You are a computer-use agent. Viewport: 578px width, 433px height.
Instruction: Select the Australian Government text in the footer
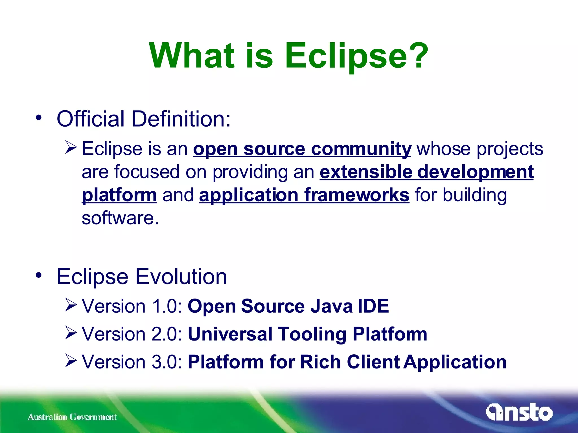click(72, 417)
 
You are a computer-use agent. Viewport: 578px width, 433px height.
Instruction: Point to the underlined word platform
click(119, 195)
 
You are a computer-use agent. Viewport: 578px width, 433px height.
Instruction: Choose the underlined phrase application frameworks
click(304, 195)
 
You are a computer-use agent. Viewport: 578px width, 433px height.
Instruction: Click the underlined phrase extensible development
click(426, 172)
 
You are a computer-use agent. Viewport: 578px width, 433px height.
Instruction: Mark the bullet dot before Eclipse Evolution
click(39, 275)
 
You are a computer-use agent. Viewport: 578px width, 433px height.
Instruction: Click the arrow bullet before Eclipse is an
click(71, 147)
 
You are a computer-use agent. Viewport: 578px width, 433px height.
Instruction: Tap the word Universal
click(230, 334)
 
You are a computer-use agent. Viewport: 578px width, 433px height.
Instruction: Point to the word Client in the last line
click(373, 362)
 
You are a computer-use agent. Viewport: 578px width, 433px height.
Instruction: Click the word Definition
click(181, 119)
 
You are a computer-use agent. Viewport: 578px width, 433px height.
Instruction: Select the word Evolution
click(181, 277)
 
